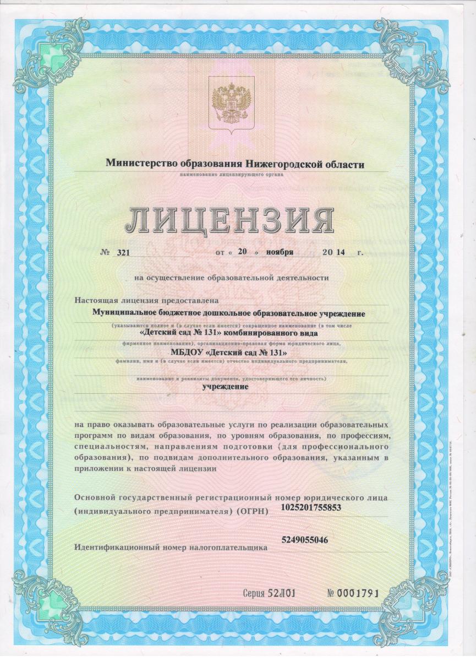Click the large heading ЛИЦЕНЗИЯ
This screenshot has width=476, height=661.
point(229,220)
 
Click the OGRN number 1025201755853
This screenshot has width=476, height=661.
point(311,507)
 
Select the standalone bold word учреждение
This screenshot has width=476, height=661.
point(226,386)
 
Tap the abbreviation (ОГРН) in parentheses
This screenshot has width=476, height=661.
point(253,512)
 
